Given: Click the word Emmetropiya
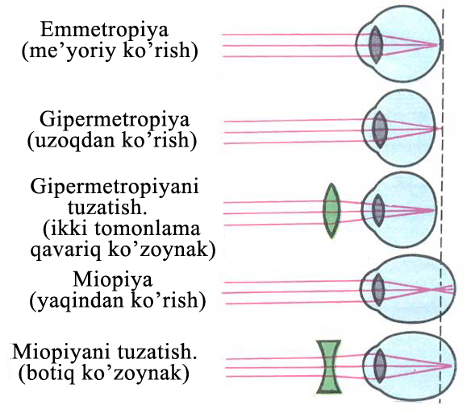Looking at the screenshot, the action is pos(104,31).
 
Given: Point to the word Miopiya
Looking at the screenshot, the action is pos(113,281).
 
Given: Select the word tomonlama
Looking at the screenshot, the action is pos(148,229).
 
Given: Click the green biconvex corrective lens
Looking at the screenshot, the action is pos(331,211).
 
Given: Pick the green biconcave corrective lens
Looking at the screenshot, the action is pos(329,366).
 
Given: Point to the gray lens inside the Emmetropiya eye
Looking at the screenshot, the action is pos(376,45).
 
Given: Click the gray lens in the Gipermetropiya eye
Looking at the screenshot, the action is pos(380,130).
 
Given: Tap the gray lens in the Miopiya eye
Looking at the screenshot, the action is pos(378,289).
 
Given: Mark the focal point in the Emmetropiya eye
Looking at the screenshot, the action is pos(437,45).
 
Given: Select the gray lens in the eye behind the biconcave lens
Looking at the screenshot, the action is pos(380,366).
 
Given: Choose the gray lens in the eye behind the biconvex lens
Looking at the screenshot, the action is pos(378,211).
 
